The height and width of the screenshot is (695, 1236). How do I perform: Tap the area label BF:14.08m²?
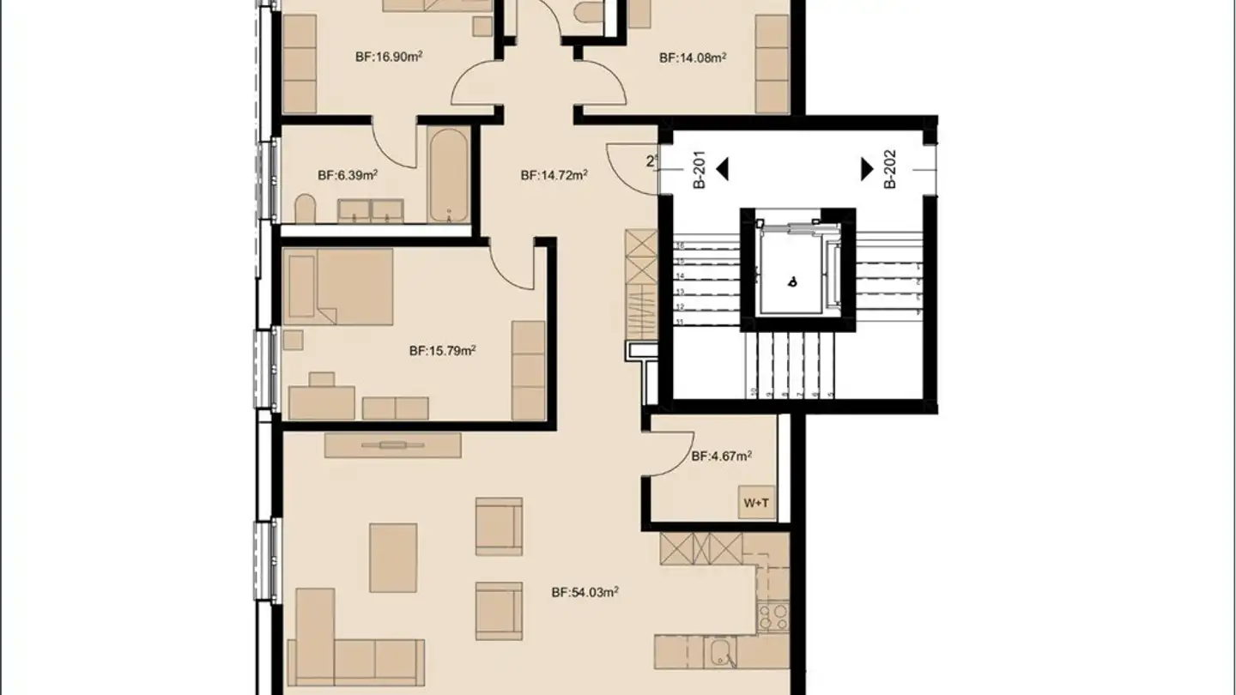coord(693,58)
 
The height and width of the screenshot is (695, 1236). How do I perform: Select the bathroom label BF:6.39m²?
coord(348,175)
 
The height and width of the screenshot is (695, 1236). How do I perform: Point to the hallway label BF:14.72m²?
coord(554,175)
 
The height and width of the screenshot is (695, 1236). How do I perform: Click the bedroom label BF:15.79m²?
coord(442,350)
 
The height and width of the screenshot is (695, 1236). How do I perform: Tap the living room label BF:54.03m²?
coord(585,592)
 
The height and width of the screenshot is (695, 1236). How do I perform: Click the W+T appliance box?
coord(756,503)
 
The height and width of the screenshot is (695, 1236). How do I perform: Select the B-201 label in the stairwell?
coord(699,170)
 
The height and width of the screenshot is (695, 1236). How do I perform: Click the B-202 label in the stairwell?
coord(890,170)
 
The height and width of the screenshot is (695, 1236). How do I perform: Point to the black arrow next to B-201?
coord(722,169)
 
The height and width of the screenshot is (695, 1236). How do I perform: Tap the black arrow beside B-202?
coord(867,169)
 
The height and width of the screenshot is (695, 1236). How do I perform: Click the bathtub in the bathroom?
coord(449,174)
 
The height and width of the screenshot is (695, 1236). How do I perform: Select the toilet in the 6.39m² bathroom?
coord(305,208)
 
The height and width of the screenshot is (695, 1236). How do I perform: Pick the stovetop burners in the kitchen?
coord(772,616)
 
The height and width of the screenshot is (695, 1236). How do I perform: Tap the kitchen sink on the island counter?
coord(721,652)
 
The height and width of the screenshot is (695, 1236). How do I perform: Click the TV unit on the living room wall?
coord(393,444)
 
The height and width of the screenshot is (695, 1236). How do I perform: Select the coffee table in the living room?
coord(393,558)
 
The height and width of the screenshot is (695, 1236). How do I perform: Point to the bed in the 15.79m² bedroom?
coord(339,286)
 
